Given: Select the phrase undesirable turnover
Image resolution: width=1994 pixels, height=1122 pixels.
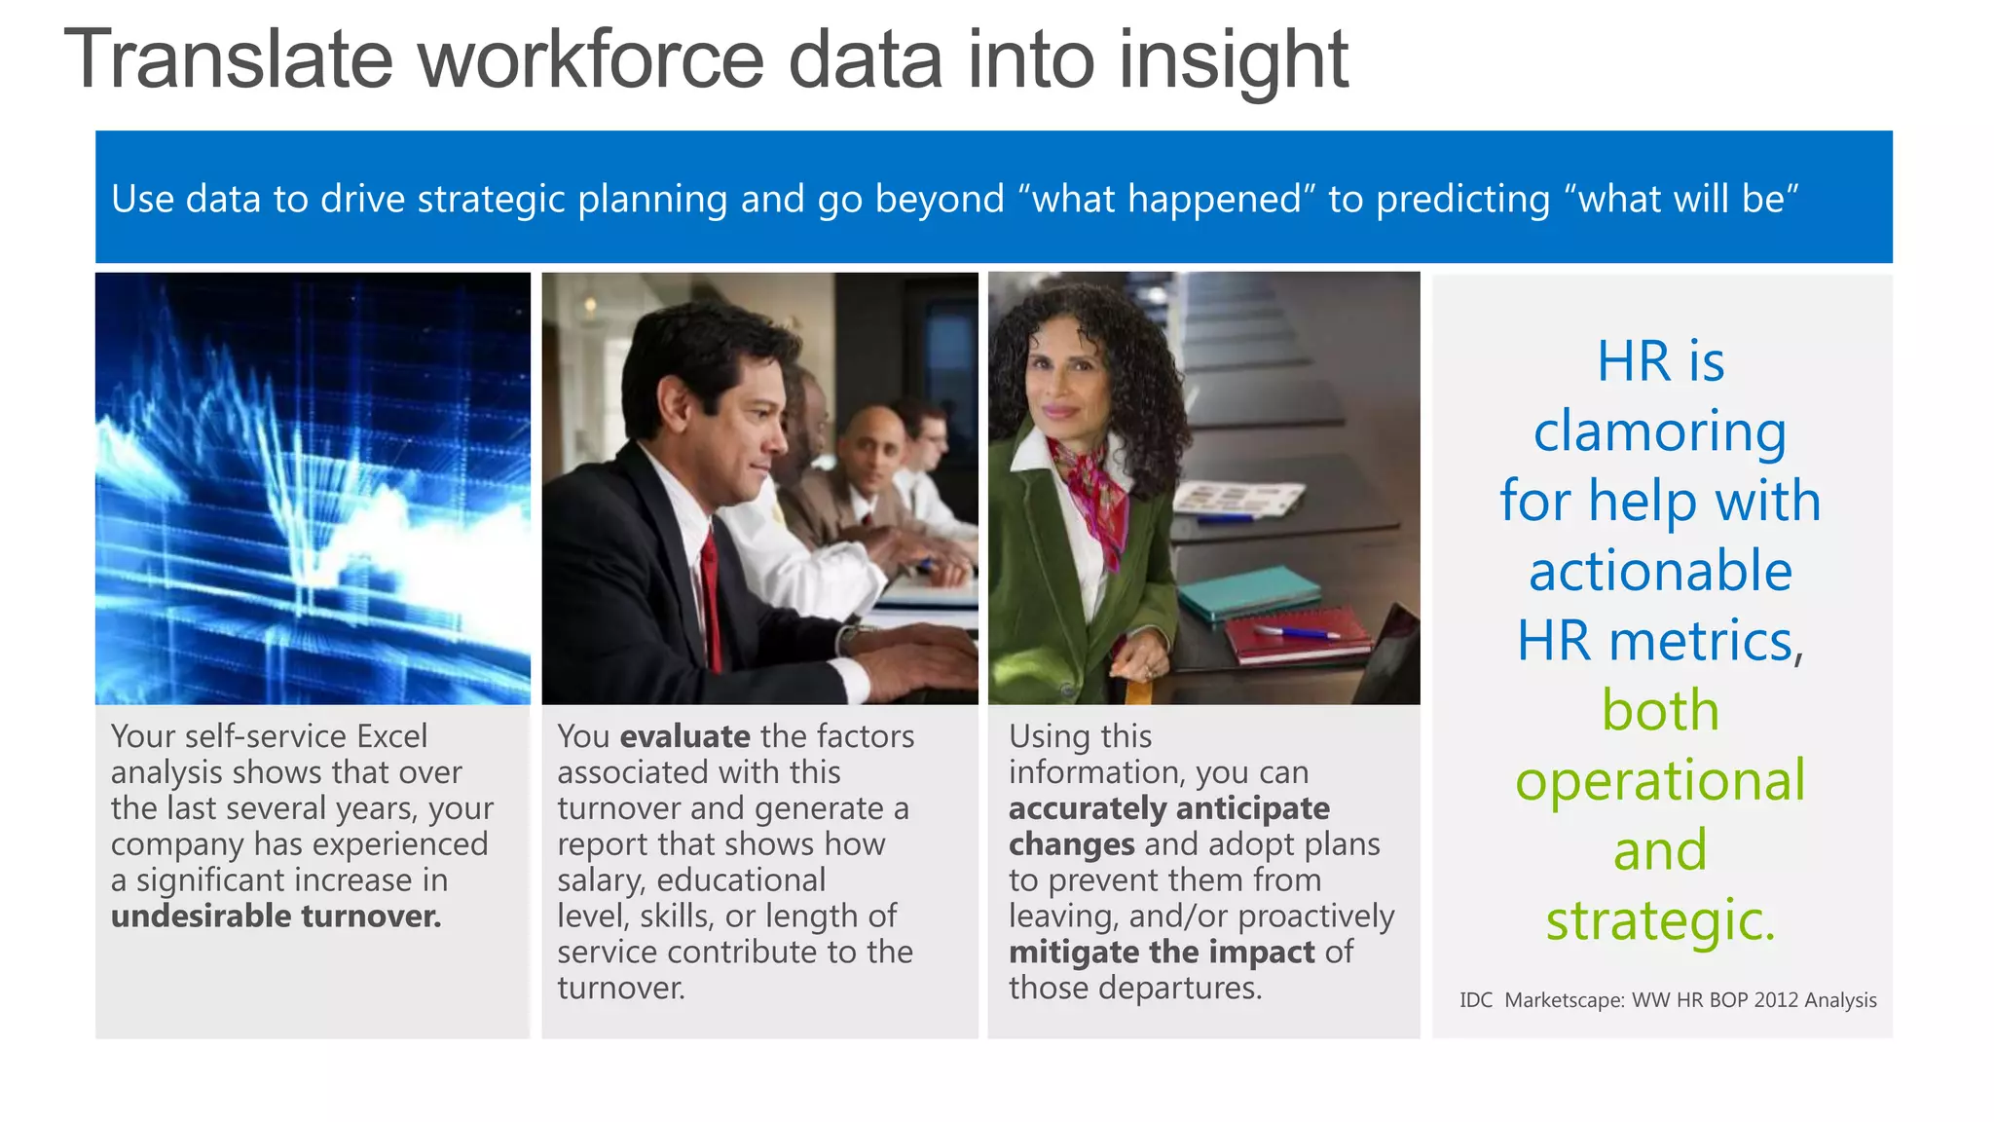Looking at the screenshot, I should tap(276, 916).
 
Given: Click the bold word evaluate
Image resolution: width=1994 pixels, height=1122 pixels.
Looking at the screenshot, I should tap(684, 736).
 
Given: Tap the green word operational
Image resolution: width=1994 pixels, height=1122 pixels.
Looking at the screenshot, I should tap(1660, 780).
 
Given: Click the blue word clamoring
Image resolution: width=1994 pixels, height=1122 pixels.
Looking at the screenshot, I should tap(1660, 431).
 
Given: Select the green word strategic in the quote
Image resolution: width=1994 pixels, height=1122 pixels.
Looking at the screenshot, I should tap(1660, 920).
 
